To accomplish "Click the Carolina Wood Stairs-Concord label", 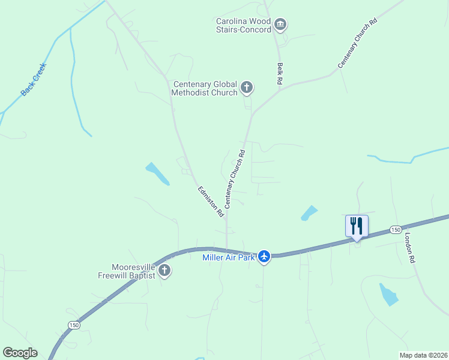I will (244, 25).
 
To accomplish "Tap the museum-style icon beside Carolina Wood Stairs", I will (280, 25).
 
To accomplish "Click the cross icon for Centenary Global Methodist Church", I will (246, 88).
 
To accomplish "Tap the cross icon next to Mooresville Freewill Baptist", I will (164, 271).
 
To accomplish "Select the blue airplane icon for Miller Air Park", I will (264, 257).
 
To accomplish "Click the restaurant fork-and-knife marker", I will (357, 226).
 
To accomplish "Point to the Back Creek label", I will (34, 80).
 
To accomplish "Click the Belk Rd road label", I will (280, 74).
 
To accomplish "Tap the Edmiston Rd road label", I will (211, 201).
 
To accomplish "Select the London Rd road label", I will (409, 248).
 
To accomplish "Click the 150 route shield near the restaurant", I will (395, 230).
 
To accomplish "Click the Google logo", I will (20, 353).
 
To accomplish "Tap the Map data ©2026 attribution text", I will (423, 355).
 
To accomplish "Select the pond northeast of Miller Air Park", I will (309, 212).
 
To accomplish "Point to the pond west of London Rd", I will (388, 294).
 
